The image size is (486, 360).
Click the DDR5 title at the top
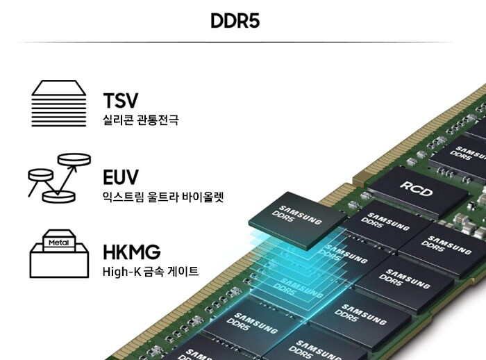(235, 21)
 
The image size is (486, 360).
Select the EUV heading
(121, 177)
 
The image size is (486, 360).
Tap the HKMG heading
(131, 252)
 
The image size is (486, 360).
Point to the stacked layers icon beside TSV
(59, 104)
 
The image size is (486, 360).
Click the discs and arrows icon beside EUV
(59, 178)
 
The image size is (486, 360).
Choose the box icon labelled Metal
(59, 253)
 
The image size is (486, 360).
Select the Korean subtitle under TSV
(140, 121)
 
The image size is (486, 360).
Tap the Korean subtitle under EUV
(162, 197)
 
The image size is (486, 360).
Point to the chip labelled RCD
(415, 189)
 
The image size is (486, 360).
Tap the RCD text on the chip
(415, 186)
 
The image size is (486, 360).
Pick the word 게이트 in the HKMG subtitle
(183, 272)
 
